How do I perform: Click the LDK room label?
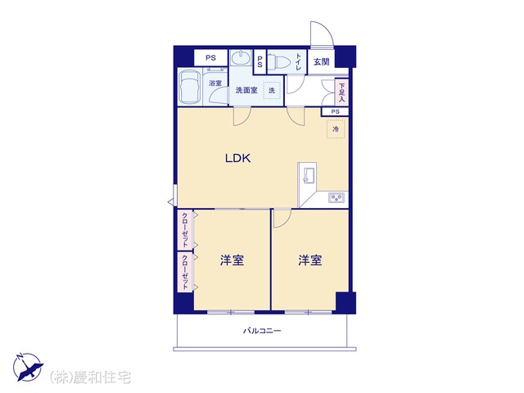pos(238,158)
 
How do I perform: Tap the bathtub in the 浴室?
pos(190,88)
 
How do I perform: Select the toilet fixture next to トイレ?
pos(280,61)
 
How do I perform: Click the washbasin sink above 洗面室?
pos(241,58)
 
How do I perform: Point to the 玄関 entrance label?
pos(322,61)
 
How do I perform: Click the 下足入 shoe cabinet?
pos(341,92)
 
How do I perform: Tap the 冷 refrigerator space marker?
pos(336,129)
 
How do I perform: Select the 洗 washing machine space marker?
pos(272,90)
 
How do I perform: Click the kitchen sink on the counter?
pos(309,175)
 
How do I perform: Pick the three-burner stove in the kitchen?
pos(337,198)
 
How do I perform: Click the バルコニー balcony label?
pos(262,331)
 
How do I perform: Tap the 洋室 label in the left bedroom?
pos(232,260)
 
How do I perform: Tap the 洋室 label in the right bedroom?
pos(310,260)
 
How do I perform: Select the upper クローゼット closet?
pos(184,230)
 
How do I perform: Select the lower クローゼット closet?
pos(184,272)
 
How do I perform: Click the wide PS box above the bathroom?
pos(211,58)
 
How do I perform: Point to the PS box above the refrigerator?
pos(335,111)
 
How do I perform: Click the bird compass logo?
pos(28,367)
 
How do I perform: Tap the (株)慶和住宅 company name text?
pos(90,377)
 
